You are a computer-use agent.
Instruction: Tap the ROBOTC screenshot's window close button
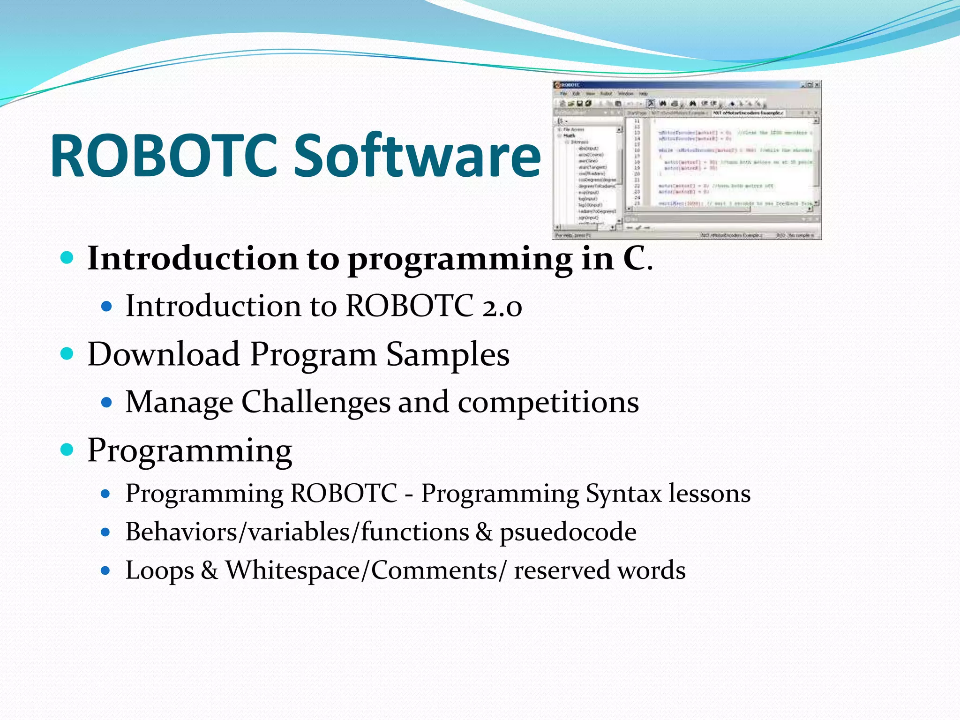point(817,85)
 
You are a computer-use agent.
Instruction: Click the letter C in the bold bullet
point(634,259)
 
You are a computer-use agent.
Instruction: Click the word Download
point(164,354)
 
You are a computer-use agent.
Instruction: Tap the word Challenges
point(315,403)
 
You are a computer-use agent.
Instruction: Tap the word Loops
point(159,571)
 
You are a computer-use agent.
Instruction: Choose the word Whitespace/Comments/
point(366,570)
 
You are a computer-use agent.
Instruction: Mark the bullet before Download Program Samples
point(67,353)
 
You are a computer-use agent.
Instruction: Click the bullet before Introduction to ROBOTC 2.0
point(107,307)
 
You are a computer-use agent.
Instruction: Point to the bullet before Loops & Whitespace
point(105,570)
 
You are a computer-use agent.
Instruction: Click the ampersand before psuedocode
point(484,532)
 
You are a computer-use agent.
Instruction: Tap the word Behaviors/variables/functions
point(297,532)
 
